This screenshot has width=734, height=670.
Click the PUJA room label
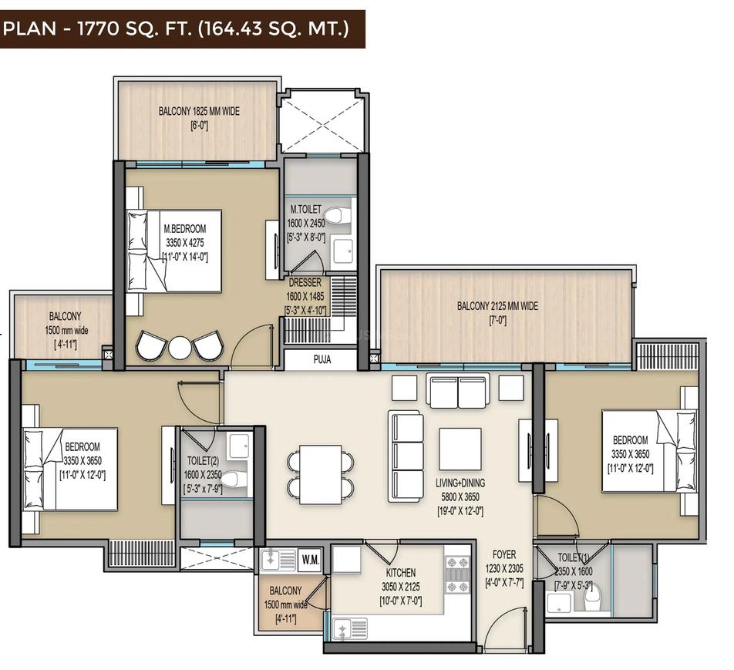322,359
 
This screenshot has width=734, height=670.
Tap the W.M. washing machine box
311,560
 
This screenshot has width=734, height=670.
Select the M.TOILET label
305,209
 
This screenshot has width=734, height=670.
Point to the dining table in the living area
320,474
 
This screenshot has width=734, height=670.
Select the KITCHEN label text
401,573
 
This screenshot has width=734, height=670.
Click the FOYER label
504,555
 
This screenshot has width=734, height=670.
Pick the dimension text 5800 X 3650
460,497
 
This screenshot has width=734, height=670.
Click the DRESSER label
305,283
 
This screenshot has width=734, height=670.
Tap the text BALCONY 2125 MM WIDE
497,306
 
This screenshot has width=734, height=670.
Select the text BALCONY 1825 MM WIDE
199,112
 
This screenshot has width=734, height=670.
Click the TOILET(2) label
204,461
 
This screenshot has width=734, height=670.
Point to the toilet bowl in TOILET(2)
233,479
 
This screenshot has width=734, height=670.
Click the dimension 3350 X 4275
185,243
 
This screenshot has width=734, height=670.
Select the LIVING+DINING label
460,483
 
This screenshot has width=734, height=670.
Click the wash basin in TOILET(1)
560,601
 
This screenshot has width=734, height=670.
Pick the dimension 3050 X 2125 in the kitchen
401,587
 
